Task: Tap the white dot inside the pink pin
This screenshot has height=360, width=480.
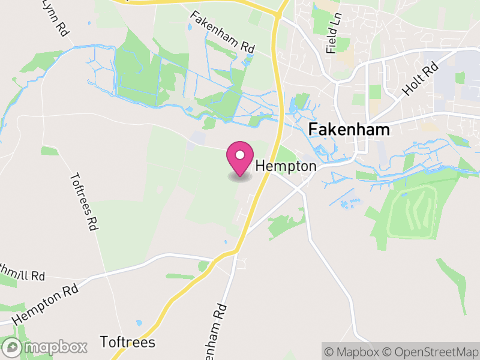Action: click(240, 155)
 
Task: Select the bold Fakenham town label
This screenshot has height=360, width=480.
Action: click(349, 130)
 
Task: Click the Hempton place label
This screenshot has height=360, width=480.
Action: click(286, 166)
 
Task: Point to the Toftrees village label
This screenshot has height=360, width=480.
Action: click(128, 343)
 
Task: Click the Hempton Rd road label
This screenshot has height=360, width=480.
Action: click(45, 307)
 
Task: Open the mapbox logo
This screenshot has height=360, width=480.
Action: click(46, 347)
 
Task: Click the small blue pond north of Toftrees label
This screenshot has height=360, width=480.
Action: click(139, 323)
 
